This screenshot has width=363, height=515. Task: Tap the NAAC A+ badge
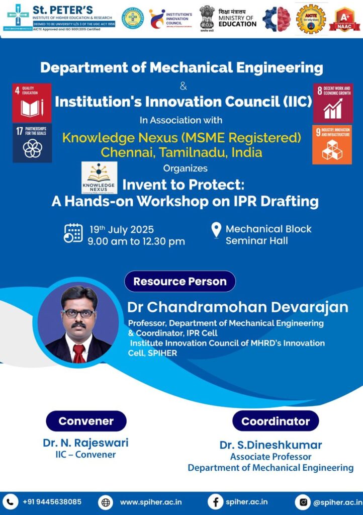click(344, 19)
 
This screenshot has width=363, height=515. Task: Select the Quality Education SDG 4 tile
click(32, 103)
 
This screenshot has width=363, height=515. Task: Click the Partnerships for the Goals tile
click(32, 143)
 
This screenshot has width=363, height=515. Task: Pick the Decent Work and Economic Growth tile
click(332, 104)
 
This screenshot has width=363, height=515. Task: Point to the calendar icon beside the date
click(73, 233)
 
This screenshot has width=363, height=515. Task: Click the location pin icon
click(216, 231)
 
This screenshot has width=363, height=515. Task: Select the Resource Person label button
click(180, 281)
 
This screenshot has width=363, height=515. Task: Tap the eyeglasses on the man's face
click(79, 313)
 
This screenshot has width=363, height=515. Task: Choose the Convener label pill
click(86, 421)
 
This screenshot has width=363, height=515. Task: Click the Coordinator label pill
click(276, 421)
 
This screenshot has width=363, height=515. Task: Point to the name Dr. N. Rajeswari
click(85, 443)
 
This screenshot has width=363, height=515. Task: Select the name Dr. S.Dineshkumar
click(270, 445)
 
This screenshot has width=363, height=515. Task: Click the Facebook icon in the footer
click(215, 502)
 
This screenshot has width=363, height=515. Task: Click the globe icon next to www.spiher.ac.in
click(106, 502)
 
